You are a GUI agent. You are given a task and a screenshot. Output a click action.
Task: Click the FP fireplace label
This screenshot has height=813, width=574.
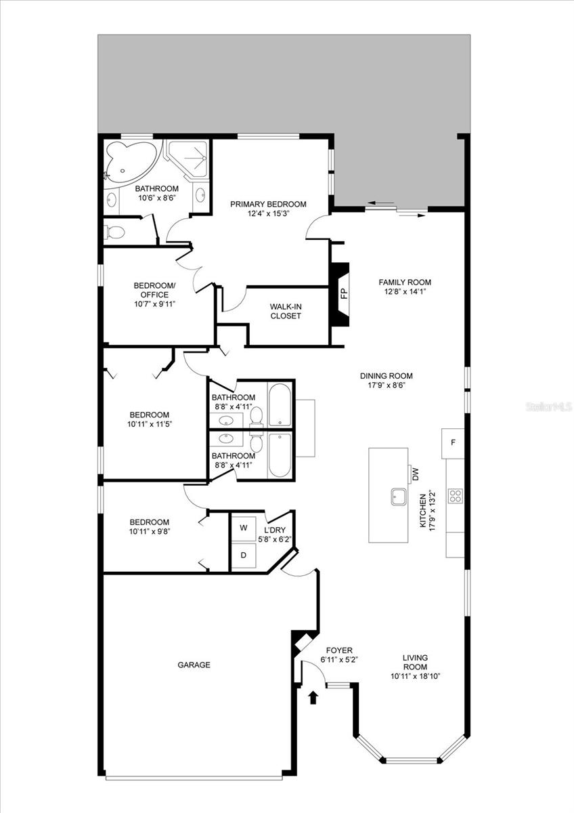pyautogui.click(x=343, y=294)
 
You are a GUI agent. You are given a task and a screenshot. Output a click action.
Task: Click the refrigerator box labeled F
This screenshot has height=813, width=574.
pyautogui.click(x=453, y=443)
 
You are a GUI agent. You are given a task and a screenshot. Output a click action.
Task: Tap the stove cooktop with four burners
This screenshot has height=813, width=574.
pyautogui.click(x=456, y=496)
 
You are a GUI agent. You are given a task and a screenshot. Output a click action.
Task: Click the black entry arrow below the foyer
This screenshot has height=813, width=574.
pyautogui.click(x=313, y=697)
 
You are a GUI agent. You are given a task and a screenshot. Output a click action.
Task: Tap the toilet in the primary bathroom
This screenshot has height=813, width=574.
pyautogui.click(x=115, y=233)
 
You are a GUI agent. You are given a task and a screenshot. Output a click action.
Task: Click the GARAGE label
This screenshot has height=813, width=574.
pyautogui.click(x=194, y=665)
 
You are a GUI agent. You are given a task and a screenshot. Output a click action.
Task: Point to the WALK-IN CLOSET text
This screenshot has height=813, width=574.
pyautogui.click(x=286, y=311)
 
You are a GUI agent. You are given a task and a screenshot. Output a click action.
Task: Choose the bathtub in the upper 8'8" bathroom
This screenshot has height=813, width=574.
pyautogui.click(x=280, y=404)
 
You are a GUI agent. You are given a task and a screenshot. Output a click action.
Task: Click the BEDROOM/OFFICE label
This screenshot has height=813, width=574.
pyautogui.click(x=154, y=290)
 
